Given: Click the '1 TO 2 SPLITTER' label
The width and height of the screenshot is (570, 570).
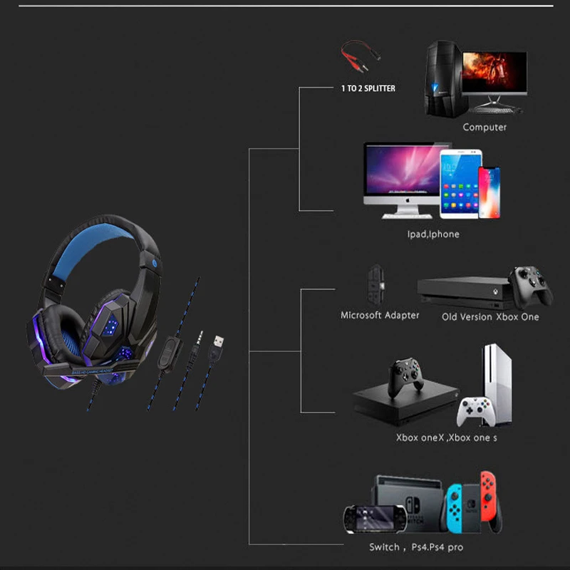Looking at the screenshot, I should click(x=368, y=88).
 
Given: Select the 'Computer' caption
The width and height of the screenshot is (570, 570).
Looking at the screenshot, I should click(x=484, y=128).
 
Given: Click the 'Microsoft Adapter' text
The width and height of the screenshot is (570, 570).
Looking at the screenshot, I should click(x=380, y=315).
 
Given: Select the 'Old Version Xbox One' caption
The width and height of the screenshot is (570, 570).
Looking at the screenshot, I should click(x=490, y=316).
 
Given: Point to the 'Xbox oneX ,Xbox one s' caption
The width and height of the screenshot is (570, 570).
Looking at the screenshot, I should click(x=447, y=437).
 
